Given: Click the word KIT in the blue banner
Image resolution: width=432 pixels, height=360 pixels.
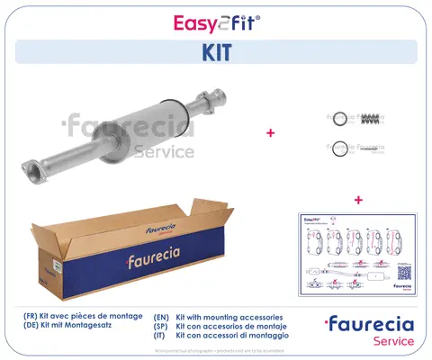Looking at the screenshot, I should pyautogui.click(x=215, y=52).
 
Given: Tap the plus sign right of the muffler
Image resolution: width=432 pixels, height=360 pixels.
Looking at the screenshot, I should pyautogui.click(x=270, y=132).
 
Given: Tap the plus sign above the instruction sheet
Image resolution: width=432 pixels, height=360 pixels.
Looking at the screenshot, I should pyautogui.click(x=358, y=199).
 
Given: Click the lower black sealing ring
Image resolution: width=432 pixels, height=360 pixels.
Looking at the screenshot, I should pyautogui.click(x=339, y=149).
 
